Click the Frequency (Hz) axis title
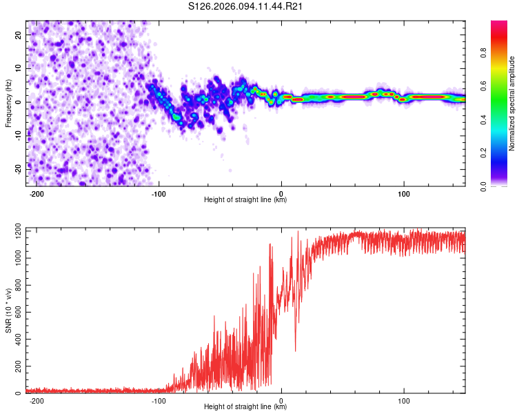(x=8, y=103)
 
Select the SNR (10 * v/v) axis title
(x=8, y=310)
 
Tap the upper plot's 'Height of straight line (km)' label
(x=245, y=200)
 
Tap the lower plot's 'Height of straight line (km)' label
(x=245, y=407)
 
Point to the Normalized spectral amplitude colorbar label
(x=511, y=103)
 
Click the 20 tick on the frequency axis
(x=19, y=35)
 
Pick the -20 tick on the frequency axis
(x=17, y=168)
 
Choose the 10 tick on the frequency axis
(x=19, y=68)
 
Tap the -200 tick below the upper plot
(x=38, y=194)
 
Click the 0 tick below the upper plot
(x=281, y=194)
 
